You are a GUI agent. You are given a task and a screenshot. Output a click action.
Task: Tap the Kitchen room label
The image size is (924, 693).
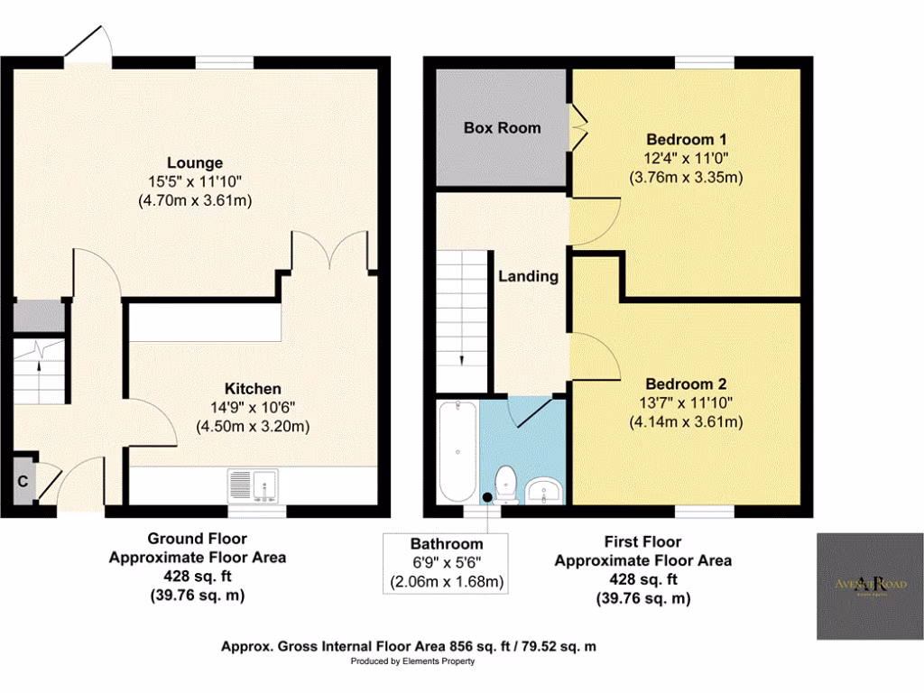[x=254, y=389]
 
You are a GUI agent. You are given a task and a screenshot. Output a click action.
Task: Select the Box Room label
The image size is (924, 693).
[x=502, y=127]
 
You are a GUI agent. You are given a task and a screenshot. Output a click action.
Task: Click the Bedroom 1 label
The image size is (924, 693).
[x=687, y=140]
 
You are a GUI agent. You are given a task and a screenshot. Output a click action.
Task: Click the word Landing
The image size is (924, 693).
[x=528, y=276]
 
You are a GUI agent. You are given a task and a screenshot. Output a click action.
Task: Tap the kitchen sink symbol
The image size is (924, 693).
[x=254, y=485]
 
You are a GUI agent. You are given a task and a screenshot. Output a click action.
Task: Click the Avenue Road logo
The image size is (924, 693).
[x=869, y=585]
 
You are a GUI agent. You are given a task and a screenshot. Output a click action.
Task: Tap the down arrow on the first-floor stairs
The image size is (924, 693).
[x=461, y=358]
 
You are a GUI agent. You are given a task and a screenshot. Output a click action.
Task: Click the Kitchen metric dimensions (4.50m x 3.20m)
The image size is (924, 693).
[x=254, y=426]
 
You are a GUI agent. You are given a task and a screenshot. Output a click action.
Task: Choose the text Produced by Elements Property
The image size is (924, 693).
[x=412, y=661]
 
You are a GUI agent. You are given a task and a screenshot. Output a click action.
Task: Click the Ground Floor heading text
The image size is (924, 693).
[x=198, y=541]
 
